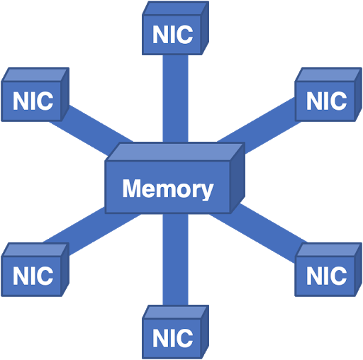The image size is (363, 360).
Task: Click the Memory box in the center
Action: point(175,179)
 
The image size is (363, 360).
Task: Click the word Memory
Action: point(168,189)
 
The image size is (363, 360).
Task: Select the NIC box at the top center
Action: point(175,28)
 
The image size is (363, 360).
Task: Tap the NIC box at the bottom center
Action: point(175,332)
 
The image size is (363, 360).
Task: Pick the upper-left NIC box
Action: point(35,95)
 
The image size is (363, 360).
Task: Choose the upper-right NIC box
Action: point(328,95)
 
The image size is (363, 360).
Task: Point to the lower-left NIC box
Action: point(35,269)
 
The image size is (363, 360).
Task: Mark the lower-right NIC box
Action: point(328,269)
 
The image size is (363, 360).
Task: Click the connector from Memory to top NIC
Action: point(175,99)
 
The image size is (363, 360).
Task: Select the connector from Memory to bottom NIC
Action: point(175,259)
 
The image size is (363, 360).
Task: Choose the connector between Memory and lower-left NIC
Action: point(92,230)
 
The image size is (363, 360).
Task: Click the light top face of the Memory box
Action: point(175,152)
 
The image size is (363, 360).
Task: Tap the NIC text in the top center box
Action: point(173,35)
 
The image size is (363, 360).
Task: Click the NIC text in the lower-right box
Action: point(327,276)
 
